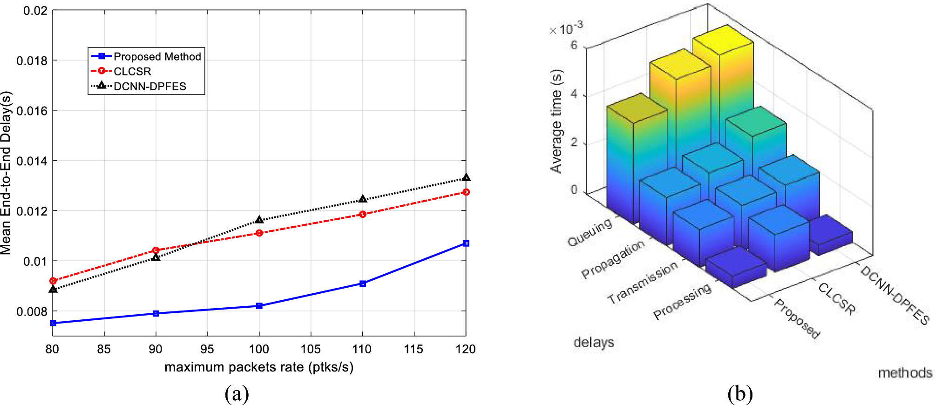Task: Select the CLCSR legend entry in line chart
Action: tap(132, 71)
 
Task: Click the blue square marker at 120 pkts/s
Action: tap(466, 243)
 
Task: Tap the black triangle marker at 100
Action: tap(259, 220)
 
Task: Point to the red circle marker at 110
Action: tap(363, 214)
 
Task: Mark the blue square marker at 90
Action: tap(156, 314)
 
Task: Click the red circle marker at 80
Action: tap(53, 281)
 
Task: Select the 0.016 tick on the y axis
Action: tap(32, 111)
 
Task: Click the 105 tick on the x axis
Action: tap(311, 349)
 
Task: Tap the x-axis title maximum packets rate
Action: tap(259, 367)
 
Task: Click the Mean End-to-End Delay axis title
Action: tap(6, 173)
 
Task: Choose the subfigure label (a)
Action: tap(237, 394)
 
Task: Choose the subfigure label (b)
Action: tap(740, 394)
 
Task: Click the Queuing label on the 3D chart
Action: tap(590, 232)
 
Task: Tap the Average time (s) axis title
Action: tap(556, 121)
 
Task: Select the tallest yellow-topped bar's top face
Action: tap(722, 40)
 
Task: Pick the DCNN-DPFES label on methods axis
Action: tap(894, 295)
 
